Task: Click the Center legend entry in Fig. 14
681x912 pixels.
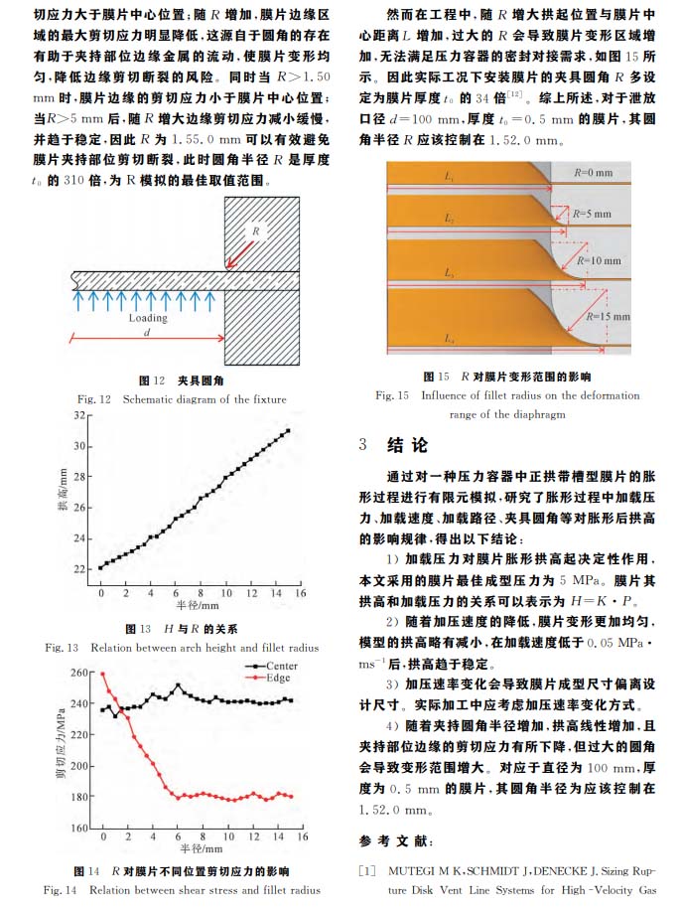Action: (x=271, y=666)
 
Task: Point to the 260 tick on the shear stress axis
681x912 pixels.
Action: (x=78, y=673)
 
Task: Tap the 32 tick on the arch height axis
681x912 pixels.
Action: (x=79, y=415)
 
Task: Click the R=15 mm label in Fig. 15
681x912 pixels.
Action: (x=608, y=316)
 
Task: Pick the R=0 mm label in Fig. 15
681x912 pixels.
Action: (x=594, y=172)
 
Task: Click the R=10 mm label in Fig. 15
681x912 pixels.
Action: (x=599, y=260)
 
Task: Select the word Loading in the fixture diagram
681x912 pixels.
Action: (x=148, y=318)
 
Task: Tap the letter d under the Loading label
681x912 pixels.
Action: (x=147, y=332)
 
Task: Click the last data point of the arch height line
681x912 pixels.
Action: (x=288, y=431)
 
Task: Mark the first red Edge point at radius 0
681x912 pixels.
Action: (x=103, y=674)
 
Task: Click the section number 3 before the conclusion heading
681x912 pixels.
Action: (x=363, y=445)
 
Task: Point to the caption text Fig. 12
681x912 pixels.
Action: (x=93, y=399)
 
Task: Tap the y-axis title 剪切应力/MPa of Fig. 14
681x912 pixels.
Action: (x=61, y=750)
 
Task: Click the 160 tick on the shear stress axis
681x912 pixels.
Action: (x=78, y=828)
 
